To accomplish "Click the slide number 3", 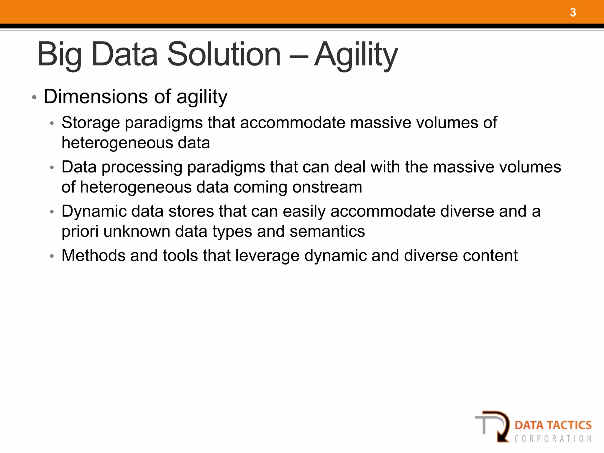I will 573,13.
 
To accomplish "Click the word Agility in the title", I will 356,55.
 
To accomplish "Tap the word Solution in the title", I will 224,55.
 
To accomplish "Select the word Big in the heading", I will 59,55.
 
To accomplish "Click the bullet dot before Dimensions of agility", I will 34,98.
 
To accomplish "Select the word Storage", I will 91,123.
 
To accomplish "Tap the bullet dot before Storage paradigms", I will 52,124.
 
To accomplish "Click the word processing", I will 142,167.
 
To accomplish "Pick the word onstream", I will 327,187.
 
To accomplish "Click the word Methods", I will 93,255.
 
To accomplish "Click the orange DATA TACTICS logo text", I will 553,425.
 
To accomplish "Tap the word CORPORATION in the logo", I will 553,439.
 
